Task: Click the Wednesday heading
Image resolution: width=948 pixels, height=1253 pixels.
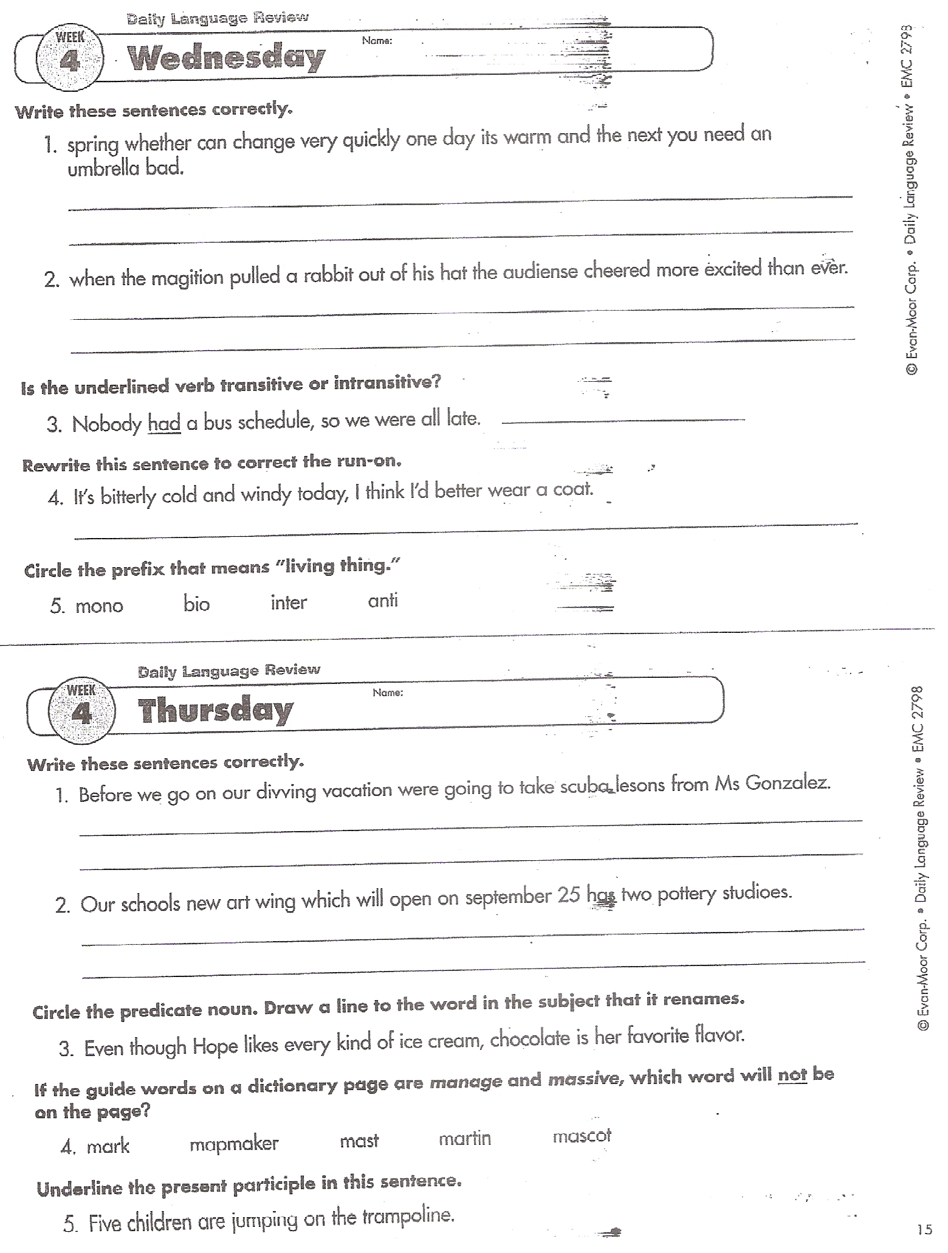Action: pos(226,58)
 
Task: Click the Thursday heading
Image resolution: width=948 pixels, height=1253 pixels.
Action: pos(216,710)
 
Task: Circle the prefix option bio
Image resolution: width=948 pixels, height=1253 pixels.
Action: pos(196,604)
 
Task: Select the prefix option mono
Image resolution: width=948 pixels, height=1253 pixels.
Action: pos(99,606)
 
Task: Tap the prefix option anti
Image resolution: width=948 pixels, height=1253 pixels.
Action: pos(383,601)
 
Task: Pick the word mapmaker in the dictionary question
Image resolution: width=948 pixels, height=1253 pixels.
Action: pos(234,1144)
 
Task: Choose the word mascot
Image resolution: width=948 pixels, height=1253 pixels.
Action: pos(582,1136)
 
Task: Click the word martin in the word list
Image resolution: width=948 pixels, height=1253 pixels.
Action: pos(465,1138)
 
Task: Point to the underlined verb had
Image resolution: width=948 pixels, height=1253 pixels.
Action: pos(164,423)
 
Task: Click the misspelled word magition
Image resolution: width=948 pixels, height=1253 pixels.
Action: pos(187,278)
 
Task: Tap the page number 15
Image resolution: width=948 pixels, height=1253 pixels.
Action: pos(924,1229)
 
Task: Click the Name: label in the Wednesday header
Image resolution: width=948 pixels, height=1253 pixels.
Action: pos(377,41)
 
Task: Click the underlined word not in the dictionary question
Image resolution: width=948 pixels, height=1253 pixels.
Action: pos(792,1074)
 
